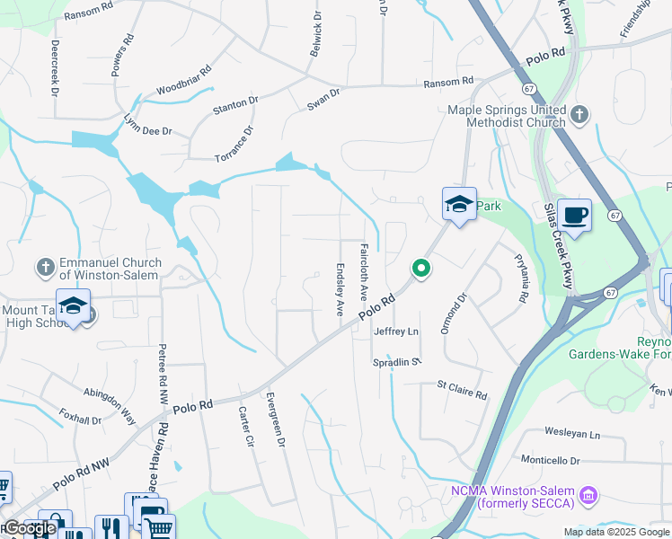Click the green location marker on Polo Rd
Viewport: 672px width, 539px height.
coord(420,268)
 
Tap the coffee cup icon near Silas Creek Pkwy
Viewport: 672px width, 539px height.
coord(574,216)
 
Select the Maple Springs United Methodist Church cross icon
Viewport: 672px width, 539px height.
coord(579,114)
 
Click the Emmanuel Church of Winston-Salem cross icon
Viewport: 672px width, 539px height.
coord(45,267)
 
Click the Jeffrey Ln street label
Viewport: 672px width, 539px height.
coord(396,331)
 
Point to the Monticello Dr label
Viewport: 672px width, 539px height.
coord(550,461)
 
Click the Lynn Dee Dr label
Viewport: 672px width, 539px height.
coord(147,126)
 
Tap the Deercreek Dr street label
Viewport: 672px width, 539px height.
coord(54,68)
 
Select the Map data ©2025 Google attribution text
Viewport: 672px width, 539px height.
coord(616,532)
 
